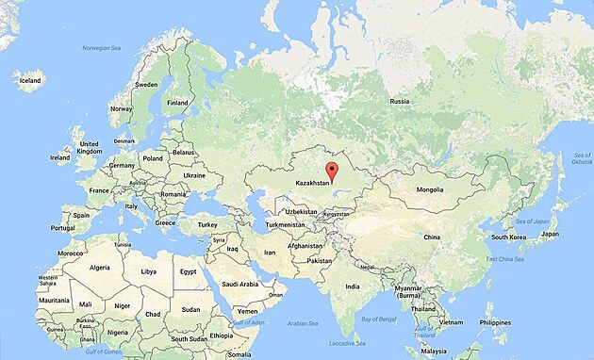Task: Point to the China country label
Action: tap(432, 237)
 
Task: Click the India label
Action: tap(352, 286)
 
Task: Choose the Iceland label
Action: tap(31, 81)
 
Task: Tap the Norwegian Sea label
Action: tap(102, 47)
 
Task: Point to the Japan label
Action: tap(550, 234)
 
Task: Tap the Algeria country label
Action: tap(99, 268)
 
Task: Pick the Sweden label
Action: tap(146, 84)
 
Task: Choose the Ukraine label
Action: tap(193, 175)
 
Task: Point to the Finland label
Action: tap(177, 102)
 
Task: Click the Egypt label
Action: tap(188, 271)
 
